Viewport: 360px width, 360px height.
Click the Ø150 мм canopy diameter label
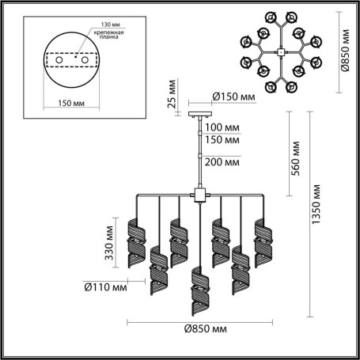coord(233,98)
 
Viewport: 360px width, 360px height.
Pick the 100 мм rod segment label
coord(221,127)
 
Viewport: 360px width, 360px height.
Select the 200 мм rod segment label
coord(221,162)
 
